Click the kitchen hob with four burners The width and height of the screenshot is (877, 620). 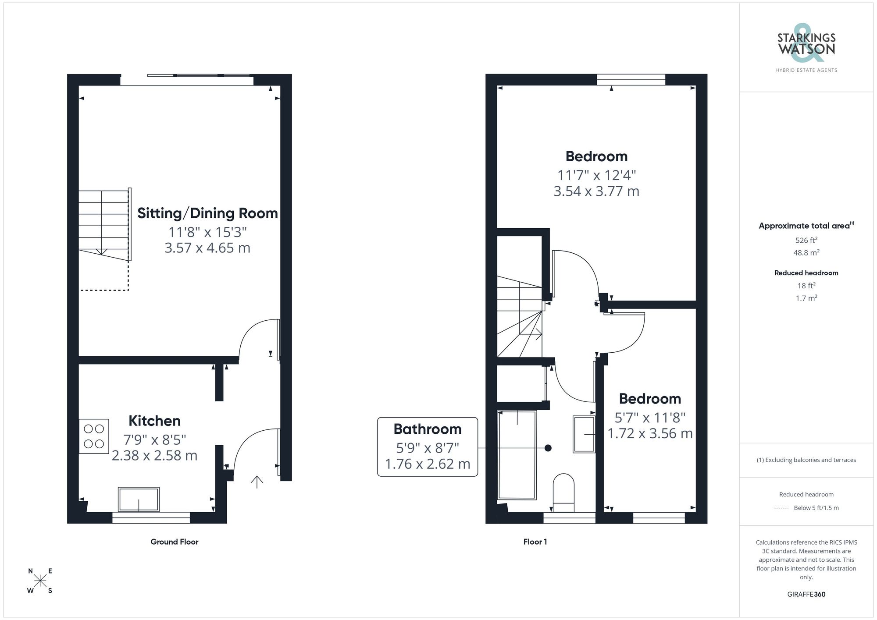coord(94,436)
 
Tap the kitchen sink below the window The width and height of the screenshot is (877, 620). coord(139,499)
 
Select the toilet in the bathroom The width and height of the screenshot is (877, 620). coord(563,492)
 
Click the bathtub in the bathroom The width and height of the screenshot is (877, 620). coord(517,455)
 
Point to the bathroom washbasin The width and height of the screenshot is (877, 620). coord(584,434)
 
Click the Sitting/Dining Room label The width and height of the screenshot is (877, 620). coord(207,213)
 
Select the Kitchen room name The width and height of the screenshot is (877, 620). coord(154,421)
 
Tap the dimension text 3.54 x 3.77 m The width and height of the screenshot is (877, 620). coord(596,191)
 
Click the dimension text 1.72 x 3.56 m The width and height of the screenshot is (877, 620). coord(650,434)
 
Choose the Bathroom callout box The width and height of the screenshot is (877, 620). coord(428,446)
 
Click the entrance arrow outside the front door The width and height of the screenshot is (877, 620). coord(257,482)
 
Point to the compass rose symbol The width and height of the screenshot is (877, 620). coord(40,581)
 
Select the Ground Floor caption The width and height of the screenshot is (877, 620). coord(175,542)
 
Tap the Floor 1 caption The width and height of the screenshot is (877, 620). coord(535,542)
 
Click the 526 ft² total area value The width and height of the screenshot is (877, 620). coord(806,240)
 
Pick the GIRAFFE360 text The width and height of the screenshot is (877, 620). coord(806,595)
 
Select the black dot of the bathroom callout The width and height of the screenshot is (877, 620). coord(548,448)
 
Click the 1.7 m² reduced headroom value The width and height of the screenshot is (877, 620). coord(806,298)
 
